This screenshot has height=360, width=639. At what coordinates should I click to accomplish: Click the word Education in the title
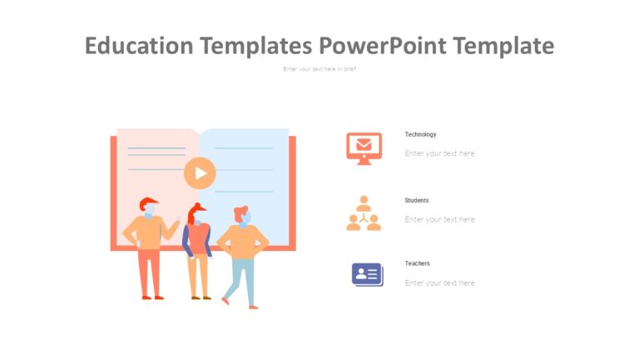[139, 46]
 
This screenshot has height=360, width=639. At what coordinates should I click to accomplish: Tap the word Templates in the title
[255, 46]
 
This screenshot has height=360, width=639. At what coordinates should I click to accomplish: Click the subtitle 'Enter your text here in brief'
[319, 68]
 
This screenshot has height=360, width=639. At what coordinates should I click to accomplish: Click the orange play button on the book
[200, 173]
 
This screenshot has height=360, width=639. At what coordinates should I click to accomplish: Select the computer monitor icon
[364, 147]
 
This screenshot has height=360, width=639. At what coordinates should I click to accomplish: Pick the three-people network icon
[364, 213]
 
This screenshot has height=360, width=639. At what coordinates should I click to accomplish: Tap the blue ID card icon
[367, 274]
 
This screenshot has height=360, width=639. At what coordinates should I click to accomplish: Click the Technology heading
[420, 134]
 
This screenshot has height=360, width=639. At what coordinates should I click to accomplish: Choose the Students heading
[417, 200]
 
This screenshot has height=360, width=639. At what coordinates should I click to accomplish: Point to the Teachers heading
[417, 263]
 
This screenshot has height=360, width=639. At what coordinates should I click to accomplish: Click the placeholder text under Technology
[439, 153]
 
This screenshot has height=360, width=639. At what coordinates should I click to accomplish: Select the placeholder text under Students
[439, 219]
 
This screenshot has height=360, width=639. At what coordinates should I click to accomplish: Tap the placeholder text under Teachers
[439, 282]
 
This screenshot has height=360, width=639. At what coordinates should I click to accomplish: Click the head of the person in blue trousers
[242, 216]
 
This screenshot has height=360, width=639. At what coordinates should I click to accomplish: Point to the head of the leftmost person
[149, 207]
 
